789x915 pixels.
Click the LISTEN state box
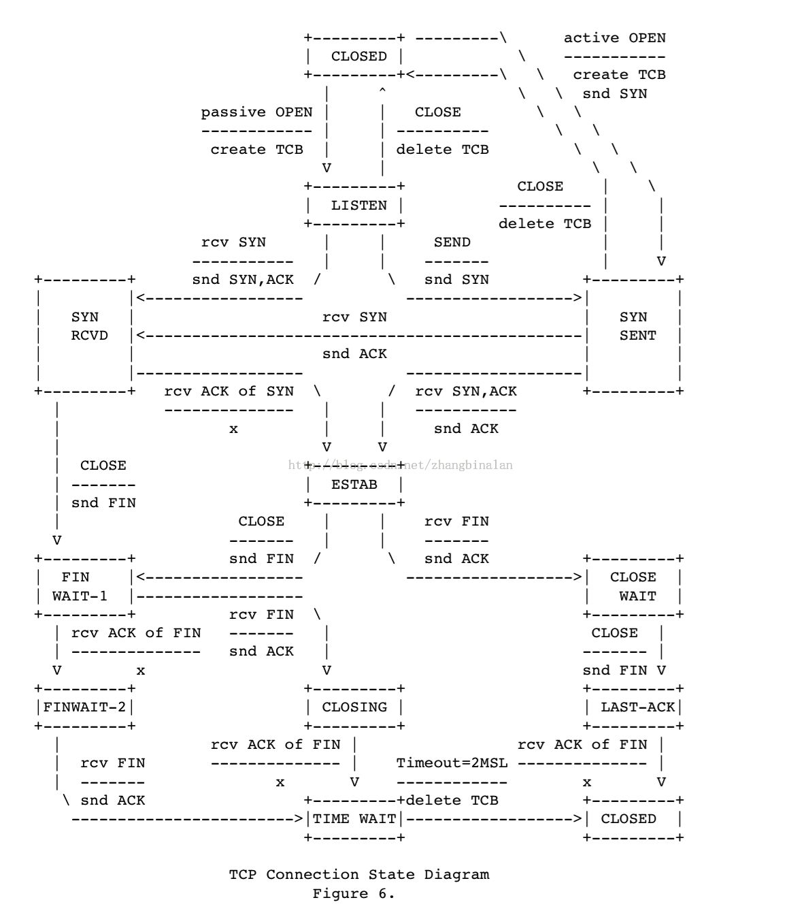354,205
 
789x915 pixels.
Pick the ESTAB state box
354,484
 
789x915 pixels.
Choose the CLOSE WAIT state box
634,586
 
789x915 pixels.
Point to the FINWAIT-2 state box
85,707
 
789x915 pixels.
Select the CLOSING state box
354,707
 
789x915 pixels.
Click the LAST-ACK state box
634,707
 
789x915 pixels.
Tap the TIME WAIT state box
354,818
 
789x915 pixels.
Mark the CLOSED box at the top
354,57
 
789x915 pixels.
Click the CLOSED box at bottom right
634,818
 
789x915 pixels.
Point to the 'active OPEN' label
614,38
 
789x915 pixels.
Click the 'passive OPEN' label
256,112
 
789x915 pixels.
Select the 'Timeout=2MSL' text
452,762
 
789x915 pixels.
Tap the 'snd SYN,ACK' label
243,279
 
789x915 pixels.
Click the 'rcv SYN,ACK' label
466,391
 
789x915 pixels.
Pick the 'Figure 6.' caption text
354,893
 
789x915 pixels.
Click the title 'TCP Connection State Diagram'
359,874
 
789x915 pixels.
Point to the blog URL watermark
401,465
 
